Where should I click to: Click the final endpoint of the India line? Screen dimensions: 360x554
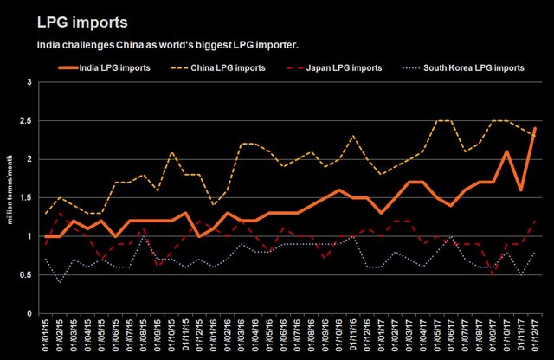pyautogui.click(x=536, y=129)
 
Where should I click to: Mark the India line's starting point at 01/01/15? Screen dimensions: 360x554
pyautogui.click(x=46, y=236)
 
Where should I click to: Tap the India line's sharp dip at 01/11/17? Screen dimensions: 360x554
pyautogui.click(x=521, y=190)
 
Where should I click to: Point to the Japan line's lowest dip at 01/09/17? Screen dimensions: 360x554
pyautogui.click(x=493, y=275)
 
